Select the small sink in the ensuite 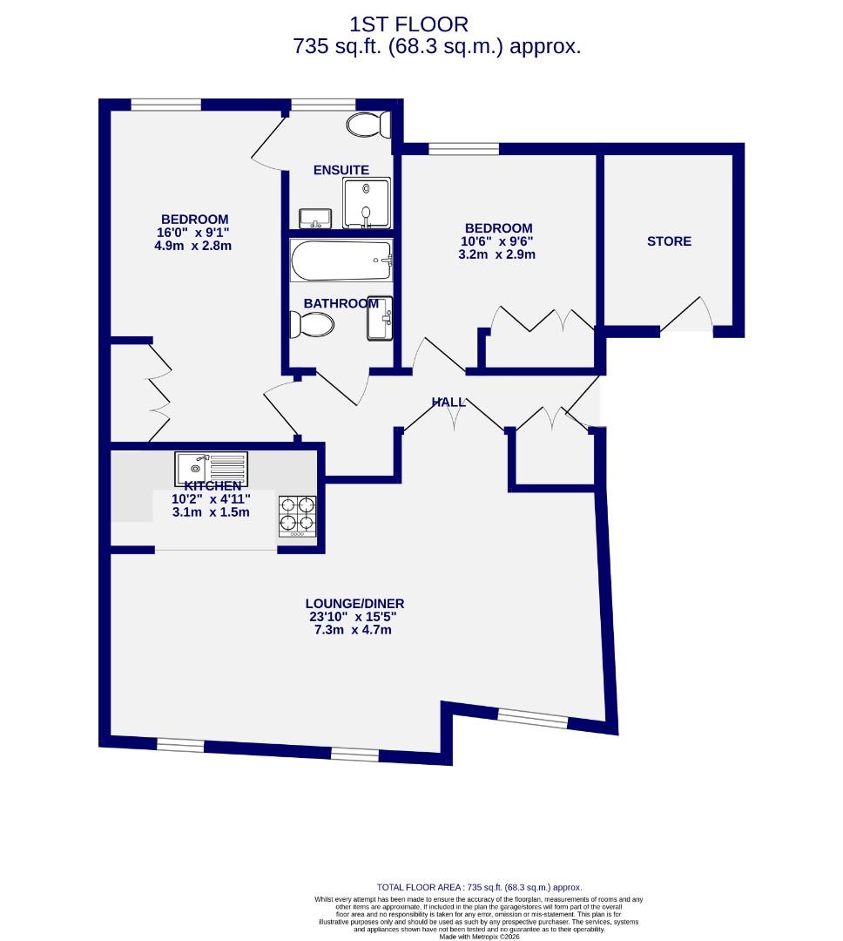coord(313,217)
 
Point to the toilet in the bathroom coord(313,326)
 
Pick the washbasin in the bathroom coord(381,318)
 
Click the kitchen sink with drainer coord(212,468)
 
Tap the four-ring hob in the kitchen coord(296,515)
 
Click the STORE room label coord(669,241)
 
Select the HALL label coord(448,402)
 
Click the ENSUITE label coord(341,170)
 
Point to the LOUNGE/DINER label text coord(354,603)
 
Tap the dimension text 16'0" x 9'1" coord(193,233)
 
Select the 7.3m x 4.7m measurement coord(354,629)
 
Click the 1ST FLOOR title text coord(408,24)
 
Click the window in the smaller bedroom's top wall coord(463,149)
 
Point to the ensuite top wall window coord(316,105)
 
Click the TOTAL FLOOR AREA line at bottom coord(478,887)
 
